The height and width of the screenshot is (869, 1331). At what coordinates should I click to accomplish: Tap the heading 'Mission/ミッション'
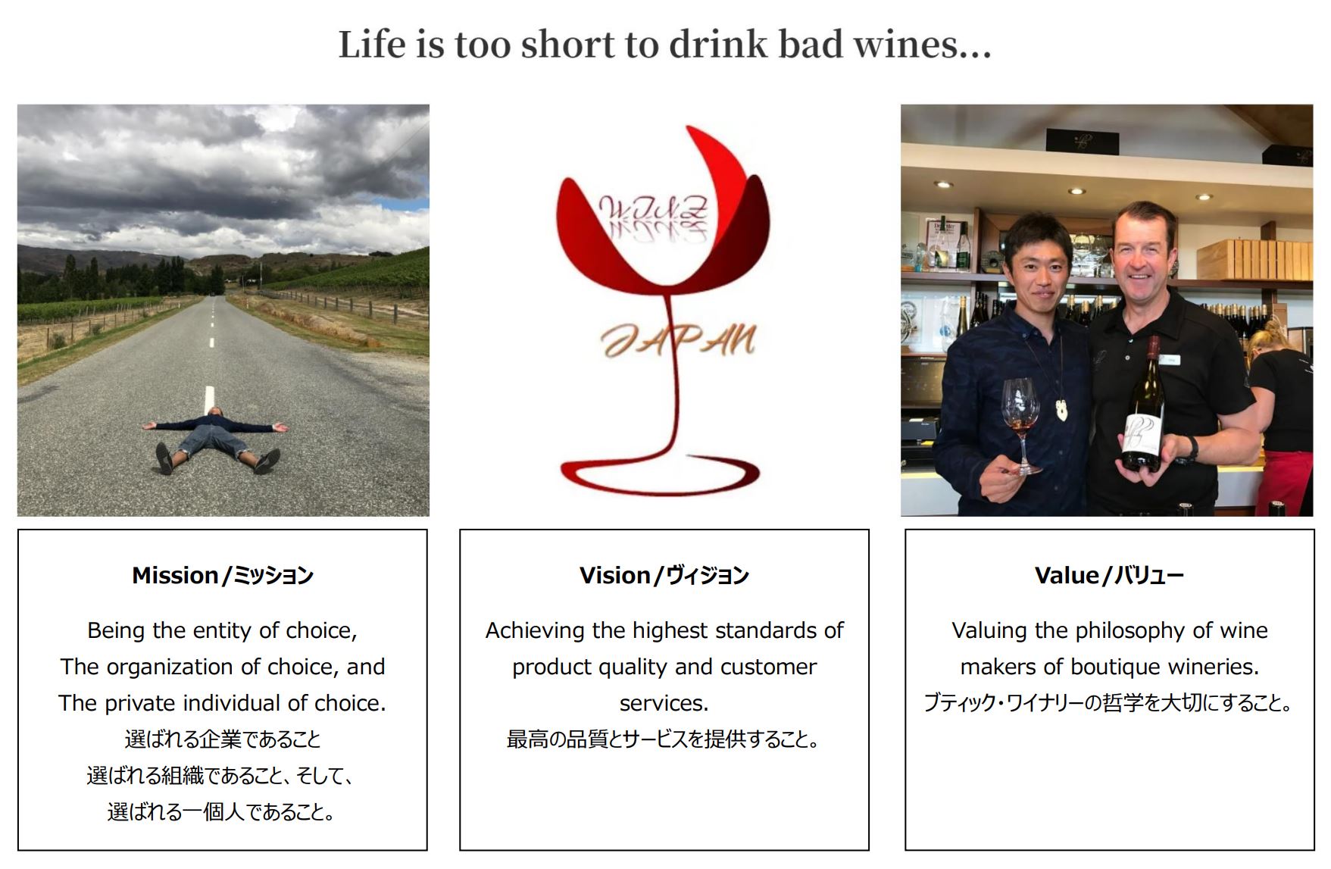223,576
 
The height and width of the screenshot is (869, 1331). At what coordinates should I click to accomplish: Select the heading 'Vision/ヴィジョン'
664,576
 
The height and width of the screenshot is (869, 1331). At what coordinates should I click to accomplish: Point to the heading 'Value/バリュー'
1109,576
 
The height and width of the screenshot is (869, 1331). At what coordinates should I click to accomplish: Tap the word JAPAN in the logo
679,341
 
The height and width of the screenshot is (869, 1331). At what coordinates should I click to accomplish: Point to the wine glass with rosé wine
1022,424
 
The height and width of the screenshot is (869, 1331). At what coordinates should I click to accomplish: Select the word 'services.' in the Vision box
664,704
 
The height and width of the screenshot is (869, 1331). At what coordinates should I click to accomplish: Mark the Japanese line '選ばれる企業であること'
223,739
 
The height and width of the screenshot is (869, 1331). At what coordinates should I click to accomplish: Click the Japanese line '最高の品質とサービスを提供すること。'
664,739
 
